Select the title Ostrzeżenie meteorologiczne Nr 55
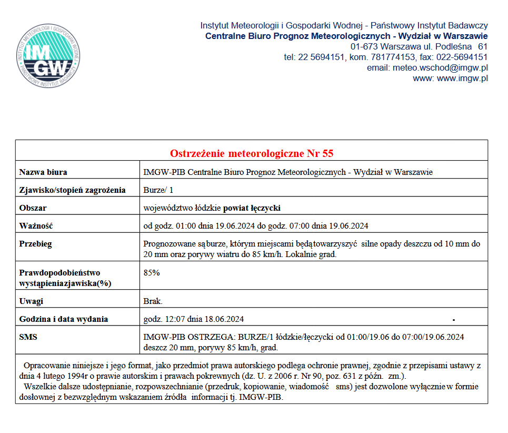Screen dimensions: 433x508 pyautogui.click(x=252, y=153)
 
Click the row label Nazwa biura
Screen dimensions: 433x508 pyautogui.click(x=43, y=172)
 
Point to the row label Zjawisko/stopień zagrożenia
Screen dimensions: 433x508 pyautogui.click(x=72, y=190)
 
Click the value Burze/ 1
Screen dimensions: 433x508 pyautogui.click(x=158, y=190)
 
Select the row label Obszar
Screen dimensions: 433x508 pyautogui.click(x=33, y=208)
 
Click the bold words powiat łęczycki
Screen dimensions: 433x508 pyautogui.click(x=252, y=208)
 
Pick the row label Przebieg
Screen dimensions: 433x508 pyautogui.click(x=35, y=244)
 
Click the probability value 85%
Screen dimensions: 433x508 pyautogui.click(x=152, y=273)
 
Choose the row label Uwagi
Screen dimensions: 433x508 pyautogui.click(x=31, y=301)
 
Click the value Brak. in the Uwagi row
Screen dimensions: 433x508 pyautogui.click(x=153, y=301)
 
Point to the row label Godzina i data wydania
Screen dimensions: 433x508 pyautogui.click(x=64, y=319)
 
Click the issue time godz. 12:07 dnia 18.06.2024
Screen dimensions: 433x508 pyautogui.click(x=194, y=319)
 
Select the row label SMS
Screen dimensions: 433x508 pyautogui.click(x=28, y=337)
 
